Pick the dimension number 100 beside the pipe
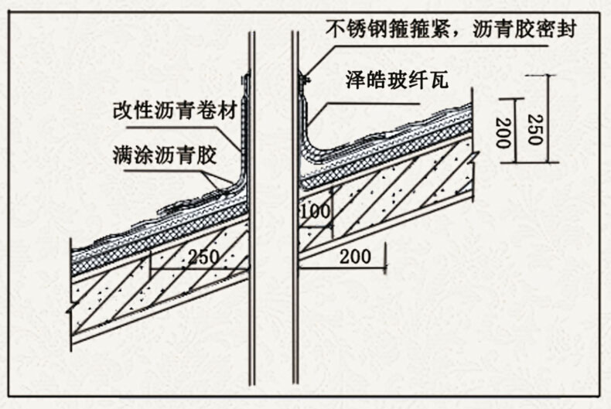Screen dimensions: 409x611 coord(316,210)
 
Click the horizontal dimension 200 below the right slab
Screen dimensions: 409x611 coord(353,255)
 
